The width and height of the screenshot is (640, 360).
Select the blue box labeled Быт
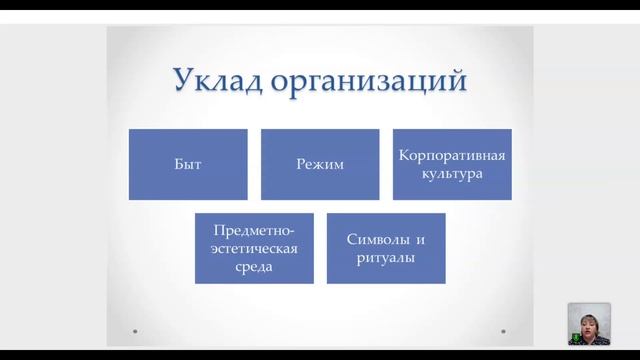[x=188, y=164]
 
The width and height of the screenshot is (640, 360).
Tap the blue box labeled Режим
[x=320, y=164]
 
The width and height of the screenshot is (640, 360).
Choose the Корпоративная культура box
[x=451, y=164]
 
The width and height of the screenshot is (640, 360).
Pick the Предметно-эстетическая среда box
[x=254, y=248]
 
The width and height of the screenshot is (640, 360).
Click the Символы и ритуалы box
[x=386, y=248]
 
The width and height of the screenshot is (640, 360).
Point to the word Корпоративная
[x=451, y=156]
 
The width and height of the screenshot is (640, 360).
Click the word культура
[x=451, y=173]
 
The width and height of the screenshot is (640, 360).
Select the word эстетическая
[x=254, y=248]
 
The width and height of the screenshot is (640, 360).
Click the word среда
[x=254, y=266]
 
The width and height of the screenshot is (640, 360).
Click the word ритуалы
[x=386, y=257]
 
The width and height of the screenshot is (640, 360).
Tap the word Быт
[x=188, y=164]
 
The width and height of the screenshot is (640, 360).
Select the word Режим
[x=320, y=164]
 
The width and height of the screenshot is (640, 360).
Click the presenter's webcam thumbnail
[x=589, y=324]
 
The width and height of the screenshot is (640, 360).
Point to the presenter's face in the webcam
[x=588, y=320]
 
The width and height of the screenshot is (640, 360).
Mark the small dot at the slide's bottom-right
[x=504, y=327]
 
